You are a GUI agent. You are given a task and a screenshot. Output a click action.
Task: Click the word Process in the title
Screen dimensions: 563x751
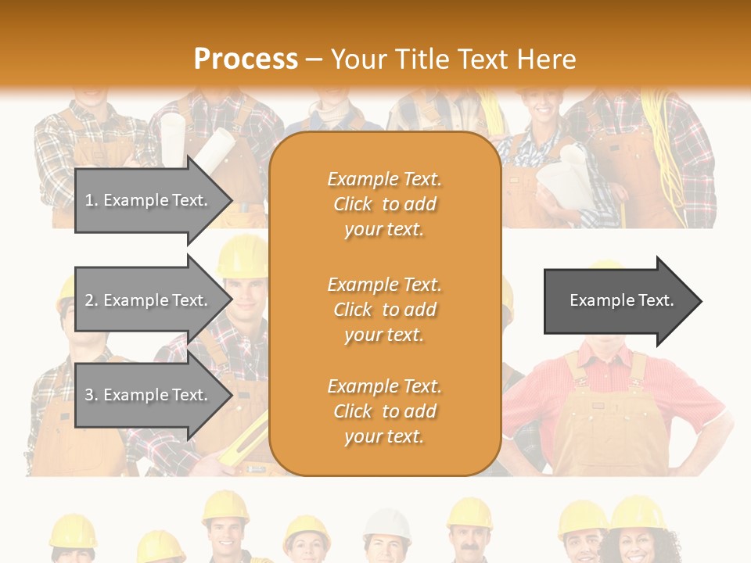point(246,59)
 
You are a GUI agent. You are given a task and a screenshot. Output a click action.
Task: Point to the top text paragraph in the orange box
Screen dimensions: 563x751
point(384,204)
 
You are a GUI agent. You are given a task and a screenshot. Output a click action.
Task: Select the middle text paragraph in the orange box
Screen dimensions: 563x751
point(384,310)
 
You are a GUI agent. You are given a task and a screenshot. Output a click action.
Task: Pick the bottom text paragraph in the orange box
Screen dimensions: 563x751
point(384,411)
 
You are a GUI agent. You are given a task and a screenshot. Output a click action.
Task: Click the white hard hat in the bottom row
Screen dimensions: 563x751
point(387,525)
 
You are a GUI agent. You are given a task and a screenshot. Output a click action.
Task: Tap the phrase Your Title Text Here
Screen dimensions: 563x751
point(454,59)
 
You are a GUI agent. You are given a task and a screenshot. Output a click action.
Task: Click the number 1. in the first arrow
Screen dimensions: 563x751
point(92,200)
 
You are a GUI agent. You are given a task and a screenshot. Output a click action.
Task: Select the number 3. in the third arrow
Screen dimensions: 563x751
point(92,395)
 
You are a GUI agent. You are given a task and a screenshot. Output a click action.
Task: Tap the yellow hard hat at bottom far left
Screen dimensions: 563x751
point(73,532)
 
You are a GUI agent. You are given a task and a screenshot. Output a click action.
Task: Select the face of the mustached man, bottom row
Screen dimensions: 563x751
point(470,543)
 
